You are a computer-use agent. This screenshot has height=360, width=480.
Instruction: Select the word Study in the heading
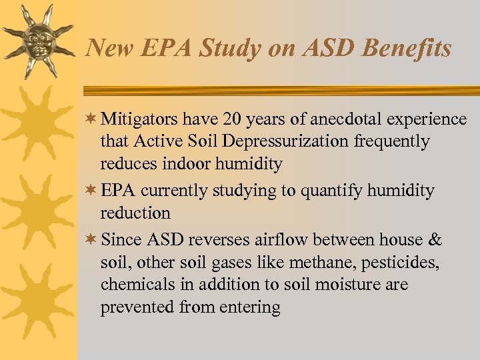point(231,49)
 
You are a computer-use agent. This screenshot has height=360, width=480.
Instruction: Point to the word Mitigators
point(139,119)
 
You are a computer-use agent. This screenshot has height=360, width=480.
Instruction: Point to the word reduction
point(136,213)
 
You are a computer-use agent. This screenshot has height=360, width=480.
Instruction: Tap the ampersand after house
point(435,240)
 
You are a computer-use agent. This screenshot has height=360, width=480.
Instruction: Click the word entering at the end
point(249,307)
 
